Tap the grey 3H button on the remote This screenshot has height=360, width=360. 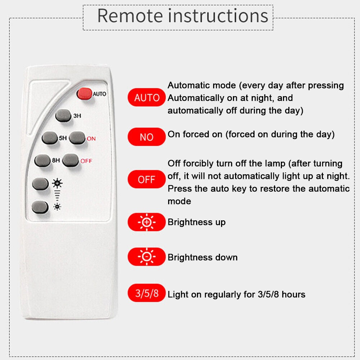point(63,116)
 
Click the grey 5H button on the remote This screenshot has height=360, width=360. point(50,138)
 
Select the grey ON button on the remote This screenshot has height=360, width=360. point(77,138)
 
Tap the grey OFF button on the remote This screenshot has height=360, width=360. point(71,160)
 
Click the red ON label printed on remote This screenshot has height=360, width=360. point(91,139)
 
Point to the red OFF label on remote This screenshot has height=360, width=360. point(86,161)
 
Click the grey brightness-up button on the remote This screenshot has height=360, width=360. point(40,184)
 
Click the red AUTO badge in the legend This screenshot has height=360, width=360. point(147,97)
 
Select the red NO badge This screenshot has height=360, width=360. point(147,137)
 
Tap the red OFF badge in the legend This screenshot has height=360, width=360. point(147,179)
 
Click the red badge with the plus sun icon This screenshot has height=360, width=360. point(147,222)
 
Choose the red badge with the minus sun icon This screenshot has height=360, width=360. point(147,256)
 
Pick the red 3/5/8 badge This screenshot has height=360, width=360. point(147,293)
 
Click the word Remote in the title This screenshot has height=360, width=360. point(131,16)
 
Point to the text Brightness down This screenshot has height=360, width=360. point(202,257)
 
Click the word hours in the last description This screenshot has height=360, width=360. point(293,294)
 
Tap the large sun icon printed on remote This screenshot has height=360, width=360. point(57,183)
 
